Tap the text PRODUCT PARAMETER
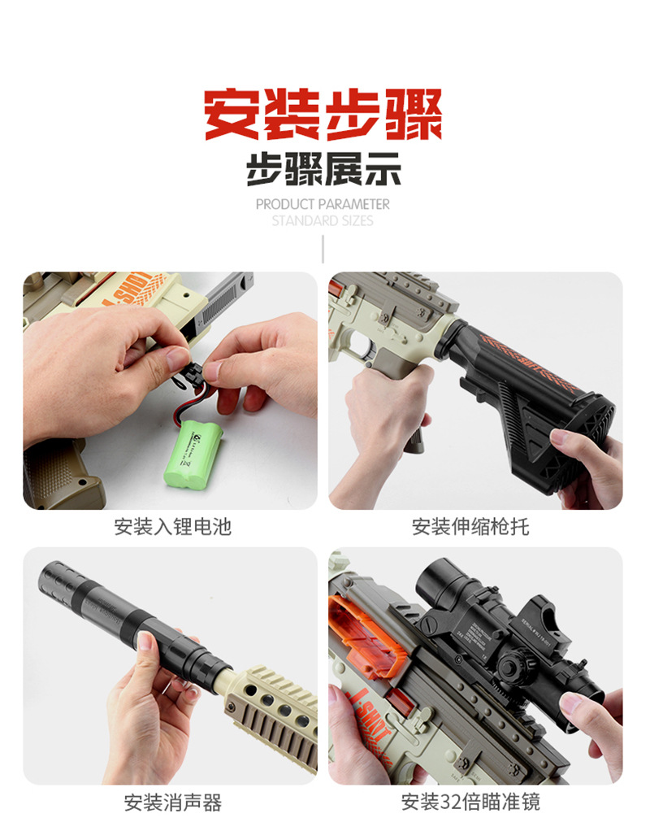pos(323,204)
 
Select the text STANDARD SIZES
pos(323,220)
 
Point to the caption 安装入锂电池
pos(172,527)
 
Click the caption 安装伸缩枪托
pos(470,527)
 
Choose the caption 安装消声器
pos(172,803)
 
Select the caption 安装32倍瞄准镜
pos(470,803)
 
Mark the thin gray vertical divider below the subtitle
pos(323,249)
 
